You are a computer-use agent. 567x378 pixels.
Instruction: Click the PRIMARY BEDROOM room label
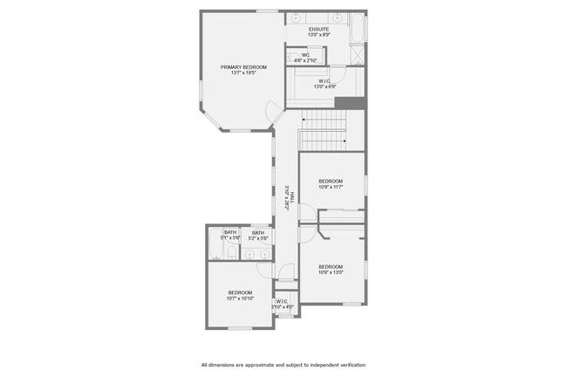(x=243, y=70)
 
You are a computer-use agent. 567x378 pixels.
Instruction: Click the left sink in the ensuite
(x=296, y=17)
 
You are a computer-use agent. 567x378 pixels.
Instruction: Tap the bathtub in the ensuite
(x=358, y=28)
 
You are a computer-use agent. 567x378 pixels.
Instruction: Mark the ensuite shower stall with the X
(x=357, y=53)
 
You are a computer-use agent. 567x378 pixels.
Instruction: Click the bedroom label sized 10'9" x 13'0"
(x=331, y=269)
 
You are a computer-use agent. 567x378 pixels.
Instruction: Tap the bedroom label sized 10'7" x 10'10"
(x=240, y=295)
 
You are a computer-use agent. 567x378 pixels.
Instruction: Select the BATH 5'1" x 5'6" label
(x=229, y=235)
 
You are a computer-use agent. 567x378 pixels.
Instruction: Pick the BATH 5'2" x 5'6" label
(x=258, y=235)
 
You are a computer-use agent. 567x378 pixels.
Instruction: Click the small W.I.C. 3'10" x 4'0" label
(x=283, y=304)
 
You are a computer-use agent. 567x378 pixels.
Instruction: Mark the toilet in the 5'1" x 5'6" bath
(x=231, y=254)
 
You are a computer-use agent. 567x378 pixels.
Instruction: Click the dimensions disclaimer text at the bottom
(x=283, y=365)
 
